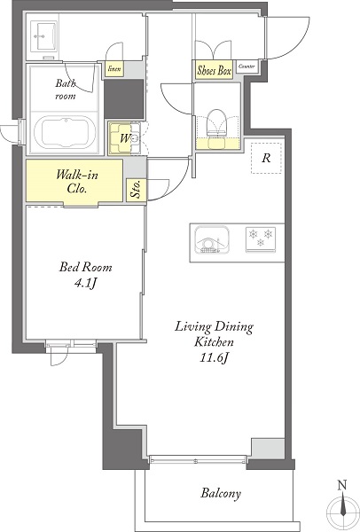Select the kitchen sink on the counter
tap(212, 240)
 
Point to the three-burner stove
tap(261, 239)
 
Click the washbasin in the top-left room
tap(43, 35)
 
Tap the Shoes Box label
tap(214, 70)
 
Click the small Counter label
tap(247, 66)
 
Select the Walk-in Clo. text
tap(77, 181)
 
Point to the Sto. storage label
tap(136, 189)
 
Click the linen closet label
tap(114, 69)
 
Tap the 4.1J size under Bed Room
tap(86, 283)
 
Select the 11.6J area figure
tap(213, 357)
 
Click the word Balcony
tap(221, 493)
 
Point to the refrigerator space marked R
tap(266, 158)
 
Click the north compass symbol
tap(342, 511)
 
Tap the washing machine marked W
tap(124, 138)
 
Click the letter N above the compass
tap(342, 485)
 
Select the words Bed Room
tap(85, 267)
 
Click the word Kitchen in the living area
tap(214, 341)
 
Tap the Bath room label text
tap(66, 90)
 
